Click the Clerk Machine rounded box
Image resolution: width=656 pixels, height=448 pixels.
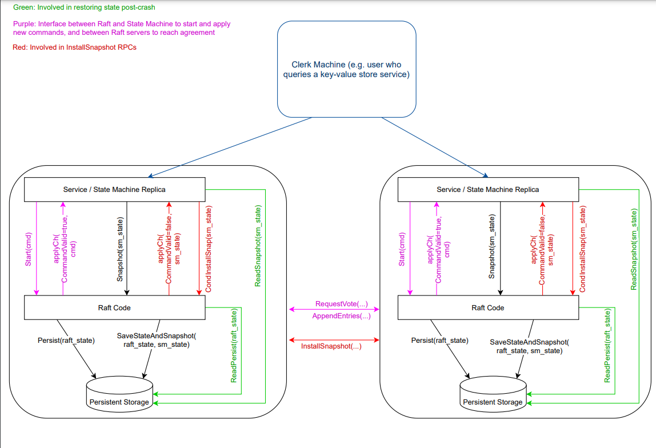tap(346, 69)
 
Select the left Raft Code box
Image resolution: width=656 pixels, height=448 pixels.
tap(114, 307)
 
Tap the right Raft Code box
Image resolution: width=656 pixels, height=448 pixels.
tap(487, 307)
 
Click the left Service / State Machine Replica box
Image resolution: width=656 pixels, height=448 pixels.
tap(114, 189)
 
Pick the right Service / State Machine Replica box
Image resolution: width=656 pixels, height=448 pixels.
tap(487, 189)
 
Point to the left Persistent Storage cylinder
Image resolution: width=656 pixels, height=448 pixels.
tap(119, 394)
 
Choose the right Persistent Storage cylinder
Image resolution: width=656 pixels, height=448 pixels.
tap(493, 394)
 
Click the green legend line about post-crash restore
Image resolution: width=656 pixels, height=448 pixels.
tap(85, 7)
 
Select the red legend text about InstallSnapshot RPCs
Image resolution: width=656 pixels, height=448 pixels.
tap(74, 47)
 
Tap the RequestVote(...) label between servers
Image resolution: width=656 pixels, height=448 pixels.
tap(341, 303)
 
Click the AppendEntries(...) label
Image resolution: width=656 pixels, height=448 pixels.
tap(341, 315)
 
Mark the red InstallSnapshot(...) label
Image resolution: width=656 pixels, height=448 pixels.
tap(331, 346)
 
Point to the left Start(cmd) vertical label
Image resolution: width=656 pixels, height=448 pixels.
tap(29, 250)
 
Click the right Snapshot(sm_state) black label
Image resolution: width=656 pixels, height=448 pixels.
tap(492, 248)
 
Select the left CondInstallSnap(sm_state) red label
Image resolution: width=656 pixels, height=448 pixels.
tap(209, 250)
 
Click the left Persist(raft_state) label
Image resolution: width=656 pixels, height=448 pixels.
tap(66, 341)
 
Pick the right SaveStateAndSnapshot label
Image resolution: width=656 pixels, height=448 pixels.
tap(530, 346)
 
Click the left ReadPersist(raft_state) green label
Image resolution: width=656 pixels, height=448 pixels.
tap(234, 346)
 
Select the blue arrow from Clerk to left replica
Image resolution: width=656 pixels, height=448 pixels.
tap(229, 147)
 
